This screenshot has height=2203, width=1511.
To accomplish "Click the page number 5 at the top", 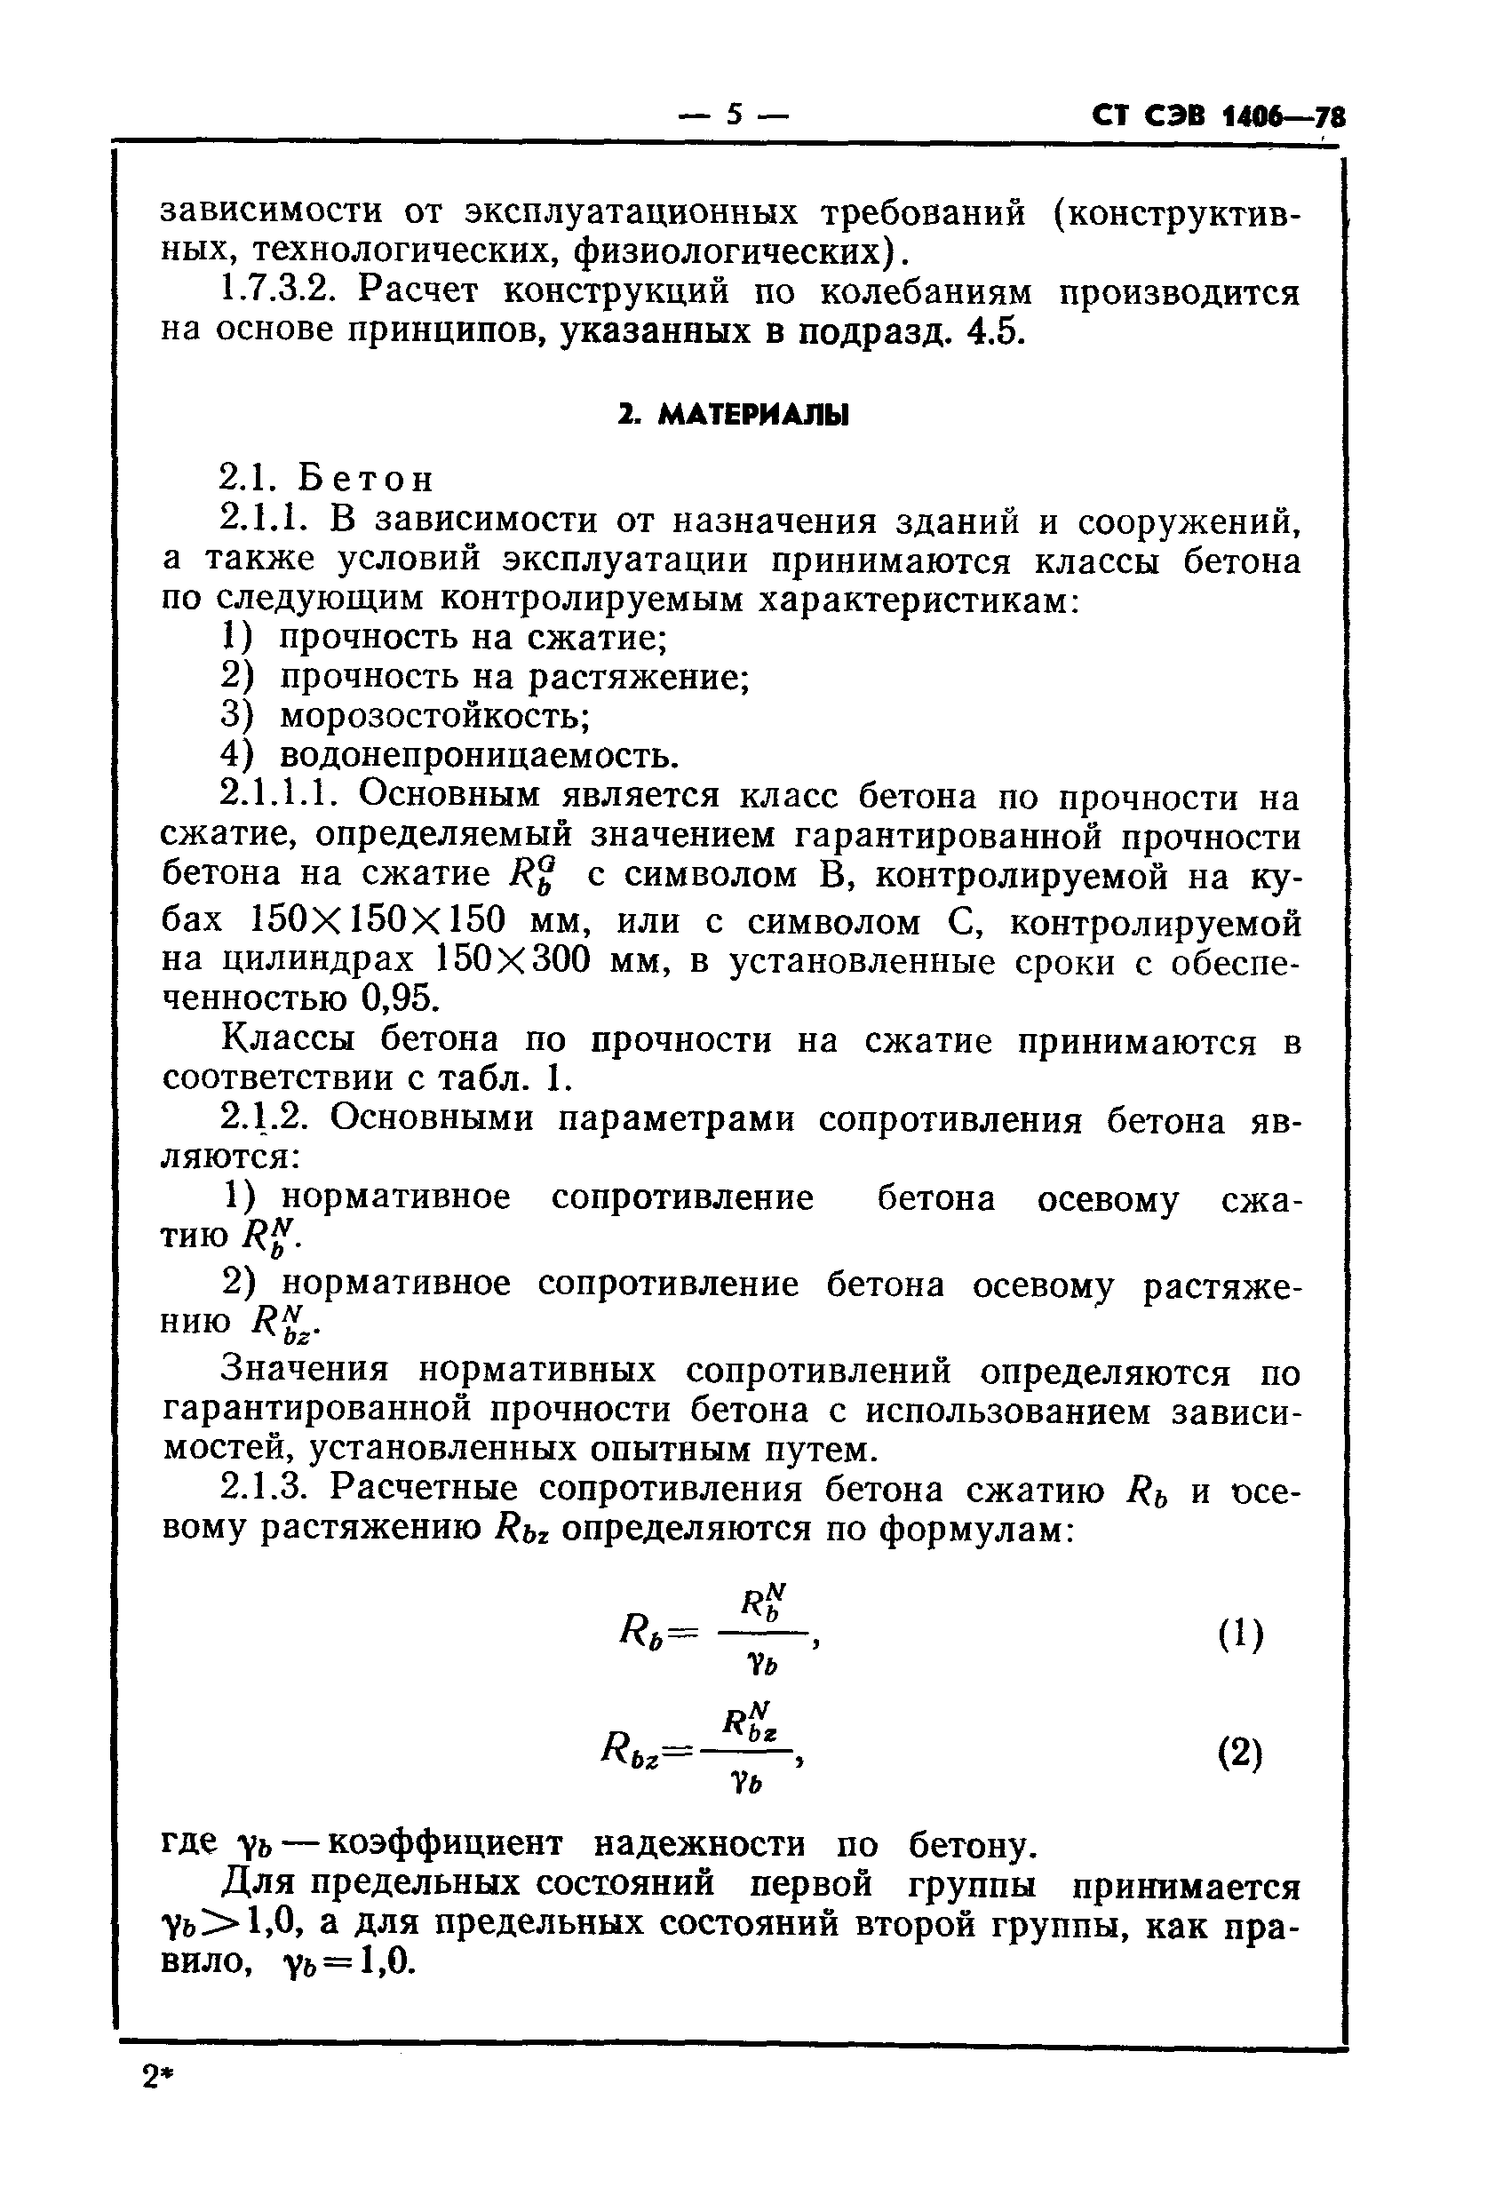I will pos(734,115).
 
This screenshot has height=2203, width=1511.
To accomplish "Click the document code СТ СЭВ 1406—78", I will pos(1217,116).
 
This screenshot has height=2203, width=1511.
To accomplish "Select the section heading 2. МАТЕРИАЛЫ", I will pos(733,415).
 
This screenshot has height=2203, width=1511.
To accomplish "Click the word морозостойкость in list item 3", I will pos(434,716).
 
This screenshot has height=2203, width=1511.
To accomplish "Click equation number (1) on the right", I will pos(1239,1635).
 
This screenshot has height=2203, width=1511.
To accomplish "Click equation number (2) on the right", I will pos(1239,1754).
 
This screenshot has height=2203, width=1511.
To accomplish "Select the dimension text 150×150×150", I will pos(377,920).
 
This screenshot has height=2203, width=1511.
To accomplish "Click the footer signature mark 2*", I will pos(160,2078).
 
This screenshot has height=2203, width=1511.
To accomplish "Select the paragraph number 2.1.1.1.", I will pos(287,795).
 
